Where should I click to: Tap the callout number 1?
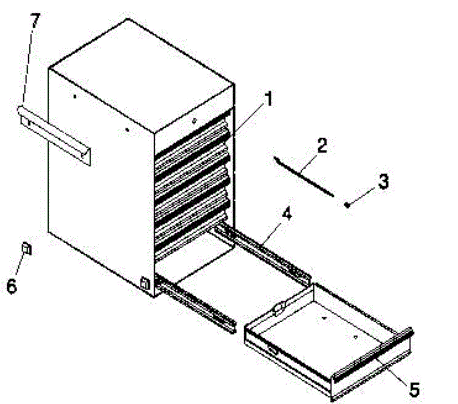[269, 100]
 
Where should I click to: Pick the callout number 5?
[414, 389]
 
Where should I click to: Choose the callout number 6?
[12, 286]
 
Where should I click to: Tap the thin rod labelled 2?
[303, 176]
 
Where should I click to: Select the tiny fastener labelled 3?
[347, 205]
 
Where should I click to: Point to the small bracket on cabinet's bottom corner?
[145, 283]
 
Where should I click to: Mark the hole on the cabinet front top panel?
[194, 121]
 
